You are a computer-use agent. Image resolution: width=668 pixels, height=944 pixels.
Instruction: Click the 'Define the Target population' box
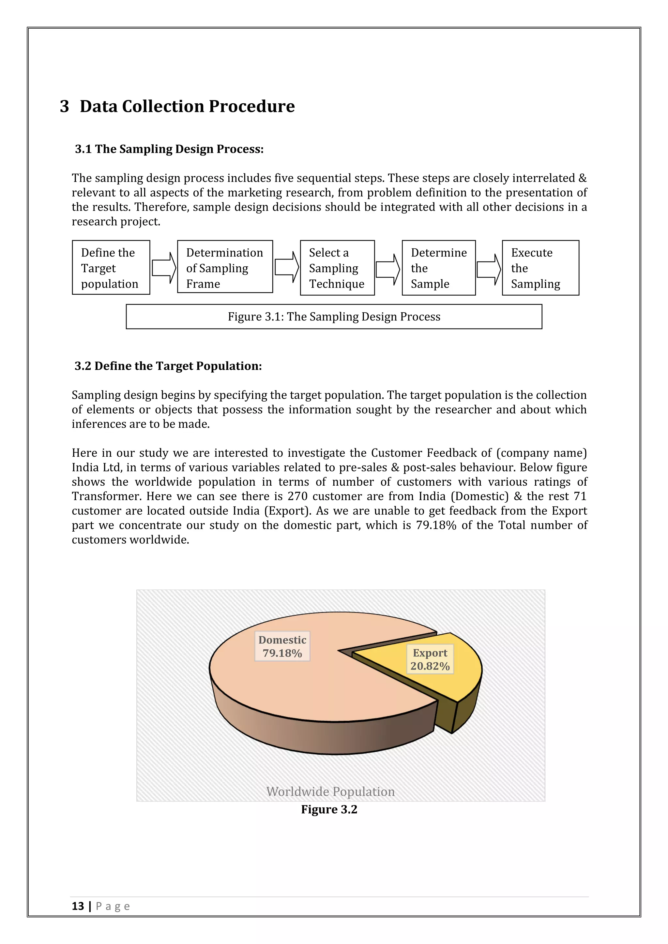[x=111, y=268]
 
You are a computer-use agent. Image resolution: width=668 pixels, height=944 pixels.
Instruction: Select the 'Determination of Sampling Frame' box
[x=225, y=267]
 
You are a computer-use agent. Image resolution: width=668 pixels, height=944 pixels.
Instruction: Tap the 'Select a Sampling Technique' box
[x=337, y=268]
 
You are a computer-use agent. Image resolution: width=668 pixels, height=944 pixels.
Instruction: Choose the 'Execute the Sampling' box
[x=540, y=268]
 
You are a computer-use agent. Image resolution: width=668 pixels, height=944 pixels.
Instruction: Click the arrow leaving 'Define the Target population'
[x=164, y=268]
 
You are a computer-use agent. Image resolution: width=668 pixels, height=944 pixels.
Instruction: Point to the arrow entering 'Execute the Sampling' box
[x=489, y=269]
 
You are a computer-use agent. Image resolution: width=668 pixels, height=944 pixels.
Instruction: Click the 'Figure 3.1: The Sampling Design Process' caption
[x=334, y=317]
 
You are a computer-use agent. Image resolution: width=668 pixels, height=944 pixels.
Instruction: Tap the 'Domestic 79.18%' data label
[x=282, y=646]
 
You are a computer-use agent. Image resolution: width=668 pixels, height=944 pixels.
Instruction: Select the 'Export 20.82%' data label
[x=430, y=659]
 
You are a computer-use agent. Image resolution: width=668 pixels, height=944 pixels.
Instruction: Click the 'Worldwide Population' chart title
[x=330, y=791]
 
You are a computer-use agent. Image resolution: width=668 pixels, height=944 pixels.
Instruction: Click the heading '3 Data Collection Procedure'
[x=177, y=106]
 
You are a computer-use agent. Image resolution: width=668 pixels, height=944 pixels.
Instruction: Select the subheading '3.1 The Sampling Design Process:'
[x=169, y=149]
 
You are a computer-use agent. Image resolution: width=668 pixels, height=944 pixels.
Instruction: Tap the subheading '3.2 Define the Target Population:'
[x=168, y=366]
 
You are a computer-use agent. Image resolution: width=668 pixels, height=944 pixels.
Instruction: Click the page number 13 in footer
[x=78, y=906]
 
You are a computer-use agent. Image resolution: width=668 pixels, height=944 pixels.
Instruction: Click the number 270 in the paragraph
[x=297, y=496]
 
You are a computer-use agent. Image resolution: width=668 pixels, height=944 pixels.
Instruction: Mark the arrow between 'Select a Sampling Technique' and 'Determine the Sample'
[x=388, y=269]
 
